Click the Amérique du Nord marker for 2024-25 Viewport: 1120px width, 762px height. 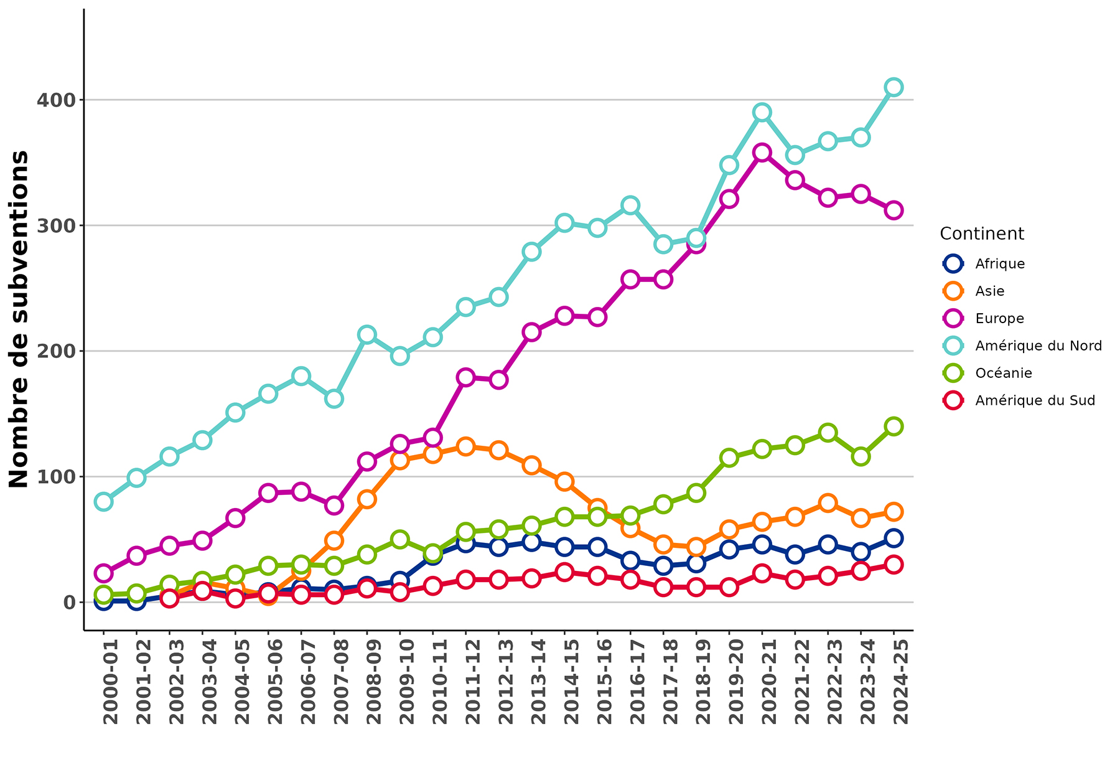(894, 87)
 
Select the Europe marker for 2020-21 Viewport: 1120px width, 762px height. (762, 153)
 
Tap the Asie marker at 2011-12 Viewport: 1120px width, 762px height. (466, 446)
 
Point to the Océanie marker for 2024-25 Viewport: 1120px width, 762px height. (894, 426)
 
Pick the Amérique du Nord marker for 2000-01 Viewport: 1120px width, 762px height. (104, 502)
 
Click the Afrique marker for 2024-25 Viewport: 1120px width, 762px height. (894, 538)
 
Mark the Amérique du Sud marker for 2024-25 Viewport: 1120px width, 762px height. (894, 565)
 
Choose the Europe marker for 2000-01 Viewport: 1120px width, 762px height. (104, 573)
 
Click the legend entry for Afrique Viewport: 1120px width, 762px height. (999, 263)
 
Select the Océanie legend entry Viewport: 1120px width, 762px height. (1003, 373)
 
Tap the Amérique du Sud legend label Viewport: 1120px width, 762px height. (1035, 400)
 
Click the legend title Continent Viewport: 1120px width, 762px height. (981, 233)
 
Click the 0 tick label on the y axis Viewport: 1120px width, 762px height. (68, 602)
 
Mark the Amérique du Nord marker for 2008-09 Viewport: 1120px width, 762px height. (367, 334)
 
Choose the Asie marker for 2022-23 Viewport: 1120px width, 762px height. (828, 503)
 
